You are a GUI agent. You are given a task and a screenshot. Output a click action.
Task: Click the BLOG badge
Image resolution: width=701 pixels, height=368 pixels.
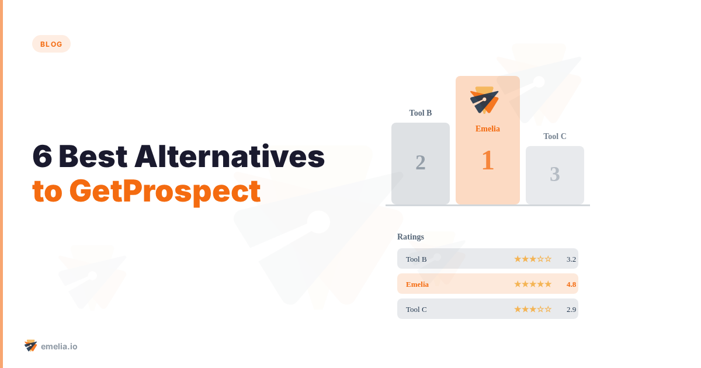[51, 44]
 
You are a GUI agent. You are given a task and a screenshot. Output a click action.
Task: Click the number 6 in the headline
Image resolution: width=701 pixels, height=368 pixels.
[42, 157]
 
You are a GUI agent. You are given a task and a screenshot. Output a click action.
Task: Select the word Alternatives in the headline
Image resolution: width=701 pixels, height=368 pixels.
[230, 157]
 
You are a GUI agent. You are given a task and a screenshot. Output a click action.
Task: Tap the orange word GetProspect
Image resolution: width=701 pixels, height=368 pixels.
[165, 191]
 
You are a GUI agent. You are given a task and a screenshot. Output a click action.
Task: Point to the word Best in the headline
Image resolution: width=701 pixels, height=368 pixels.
[93, 157]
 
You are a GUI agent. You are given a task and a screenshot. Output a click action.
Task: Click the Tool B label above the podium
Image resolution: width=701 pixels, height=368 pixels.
[421, 113]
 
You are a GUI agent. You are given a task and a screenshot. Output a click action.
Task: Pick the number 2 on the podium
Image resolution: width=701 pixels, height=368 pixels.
[421, 162]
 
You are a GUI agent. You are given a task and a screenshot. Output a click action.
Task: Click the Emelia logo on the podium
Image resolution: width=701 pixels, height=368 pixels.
[484, 100]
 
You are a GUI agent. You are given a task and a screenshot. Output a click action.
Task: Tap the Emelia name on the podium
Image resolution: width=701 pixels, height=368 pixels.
[488, 129]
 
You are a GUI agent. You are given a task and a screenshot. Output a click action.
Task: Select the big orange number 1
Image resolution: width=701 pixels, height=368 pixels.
[488, 161]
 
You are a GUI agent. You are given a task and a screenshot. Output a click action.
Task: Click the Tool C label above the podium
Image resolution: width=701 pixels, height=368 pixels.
[555, 137]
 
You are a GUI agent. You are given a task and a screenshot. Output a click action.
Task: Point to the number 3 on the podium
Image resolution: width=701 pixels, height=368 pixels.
[555, 174]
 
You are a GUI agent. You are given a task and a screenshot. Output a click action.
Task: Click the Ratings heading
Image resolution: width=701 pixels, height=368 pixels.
[411, 237]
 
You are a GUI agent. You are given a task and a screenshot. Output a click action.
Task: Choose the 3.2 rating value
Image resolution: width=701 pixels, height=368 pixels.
[571, 259]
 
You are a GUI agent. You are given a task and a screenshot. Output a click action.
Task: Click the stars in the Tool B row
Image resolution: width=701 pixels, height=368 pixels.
[533, 259]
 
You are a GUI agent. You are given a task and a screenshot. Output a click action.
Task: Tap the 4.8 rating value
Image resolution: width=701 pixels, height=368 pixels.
[571, 284]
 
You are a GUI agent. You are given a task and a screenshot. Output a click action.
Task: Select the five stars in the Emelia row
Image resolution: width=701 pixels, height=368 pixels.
[533, 284]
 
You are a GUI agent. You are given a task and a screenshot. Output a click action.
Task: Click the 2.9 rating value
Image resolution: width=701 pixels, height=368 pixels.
[571, 310]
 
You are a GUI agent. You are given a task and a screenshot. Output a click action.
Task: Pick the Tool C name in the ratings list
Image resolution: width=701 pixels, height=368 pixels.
[417, 310]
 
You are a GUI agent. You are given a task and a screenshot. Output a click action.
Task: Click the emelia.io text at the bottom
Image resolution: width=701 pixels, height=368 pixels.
[59, 346]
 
